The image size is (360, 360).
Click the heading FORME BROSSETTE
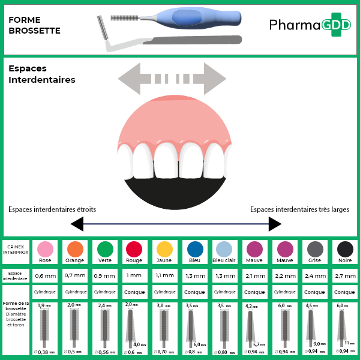tap(35, 25)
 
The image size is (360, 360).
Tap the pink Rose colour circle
tap(45, 249)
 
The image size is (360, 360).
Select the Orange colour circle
tap(75, 249)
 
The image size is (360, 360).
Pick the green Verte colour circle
tap(105, 249)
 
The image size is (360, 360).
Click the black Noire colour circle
tap(345, 249)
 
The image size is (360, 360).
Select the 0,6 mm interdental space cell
tap(45, 276)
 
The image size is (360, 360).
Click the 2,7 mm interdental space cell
tap(345, 276)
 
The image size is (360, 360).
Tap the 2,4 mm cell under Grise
tap(315, 276)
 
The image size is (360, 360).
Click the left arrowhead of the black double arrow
tap(77, 224)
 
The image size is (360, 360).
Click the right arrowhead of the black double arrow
tap(275, 224)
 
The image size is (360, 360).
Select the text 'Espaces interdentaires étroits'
tap(52, 209)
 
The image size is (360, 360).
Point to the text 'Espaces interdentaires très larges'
tap(299, 209)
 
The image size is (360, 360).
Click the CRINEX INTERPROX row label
tap(17, 249)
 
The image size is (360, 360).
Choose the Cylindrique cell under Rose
tap(45, 292)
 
